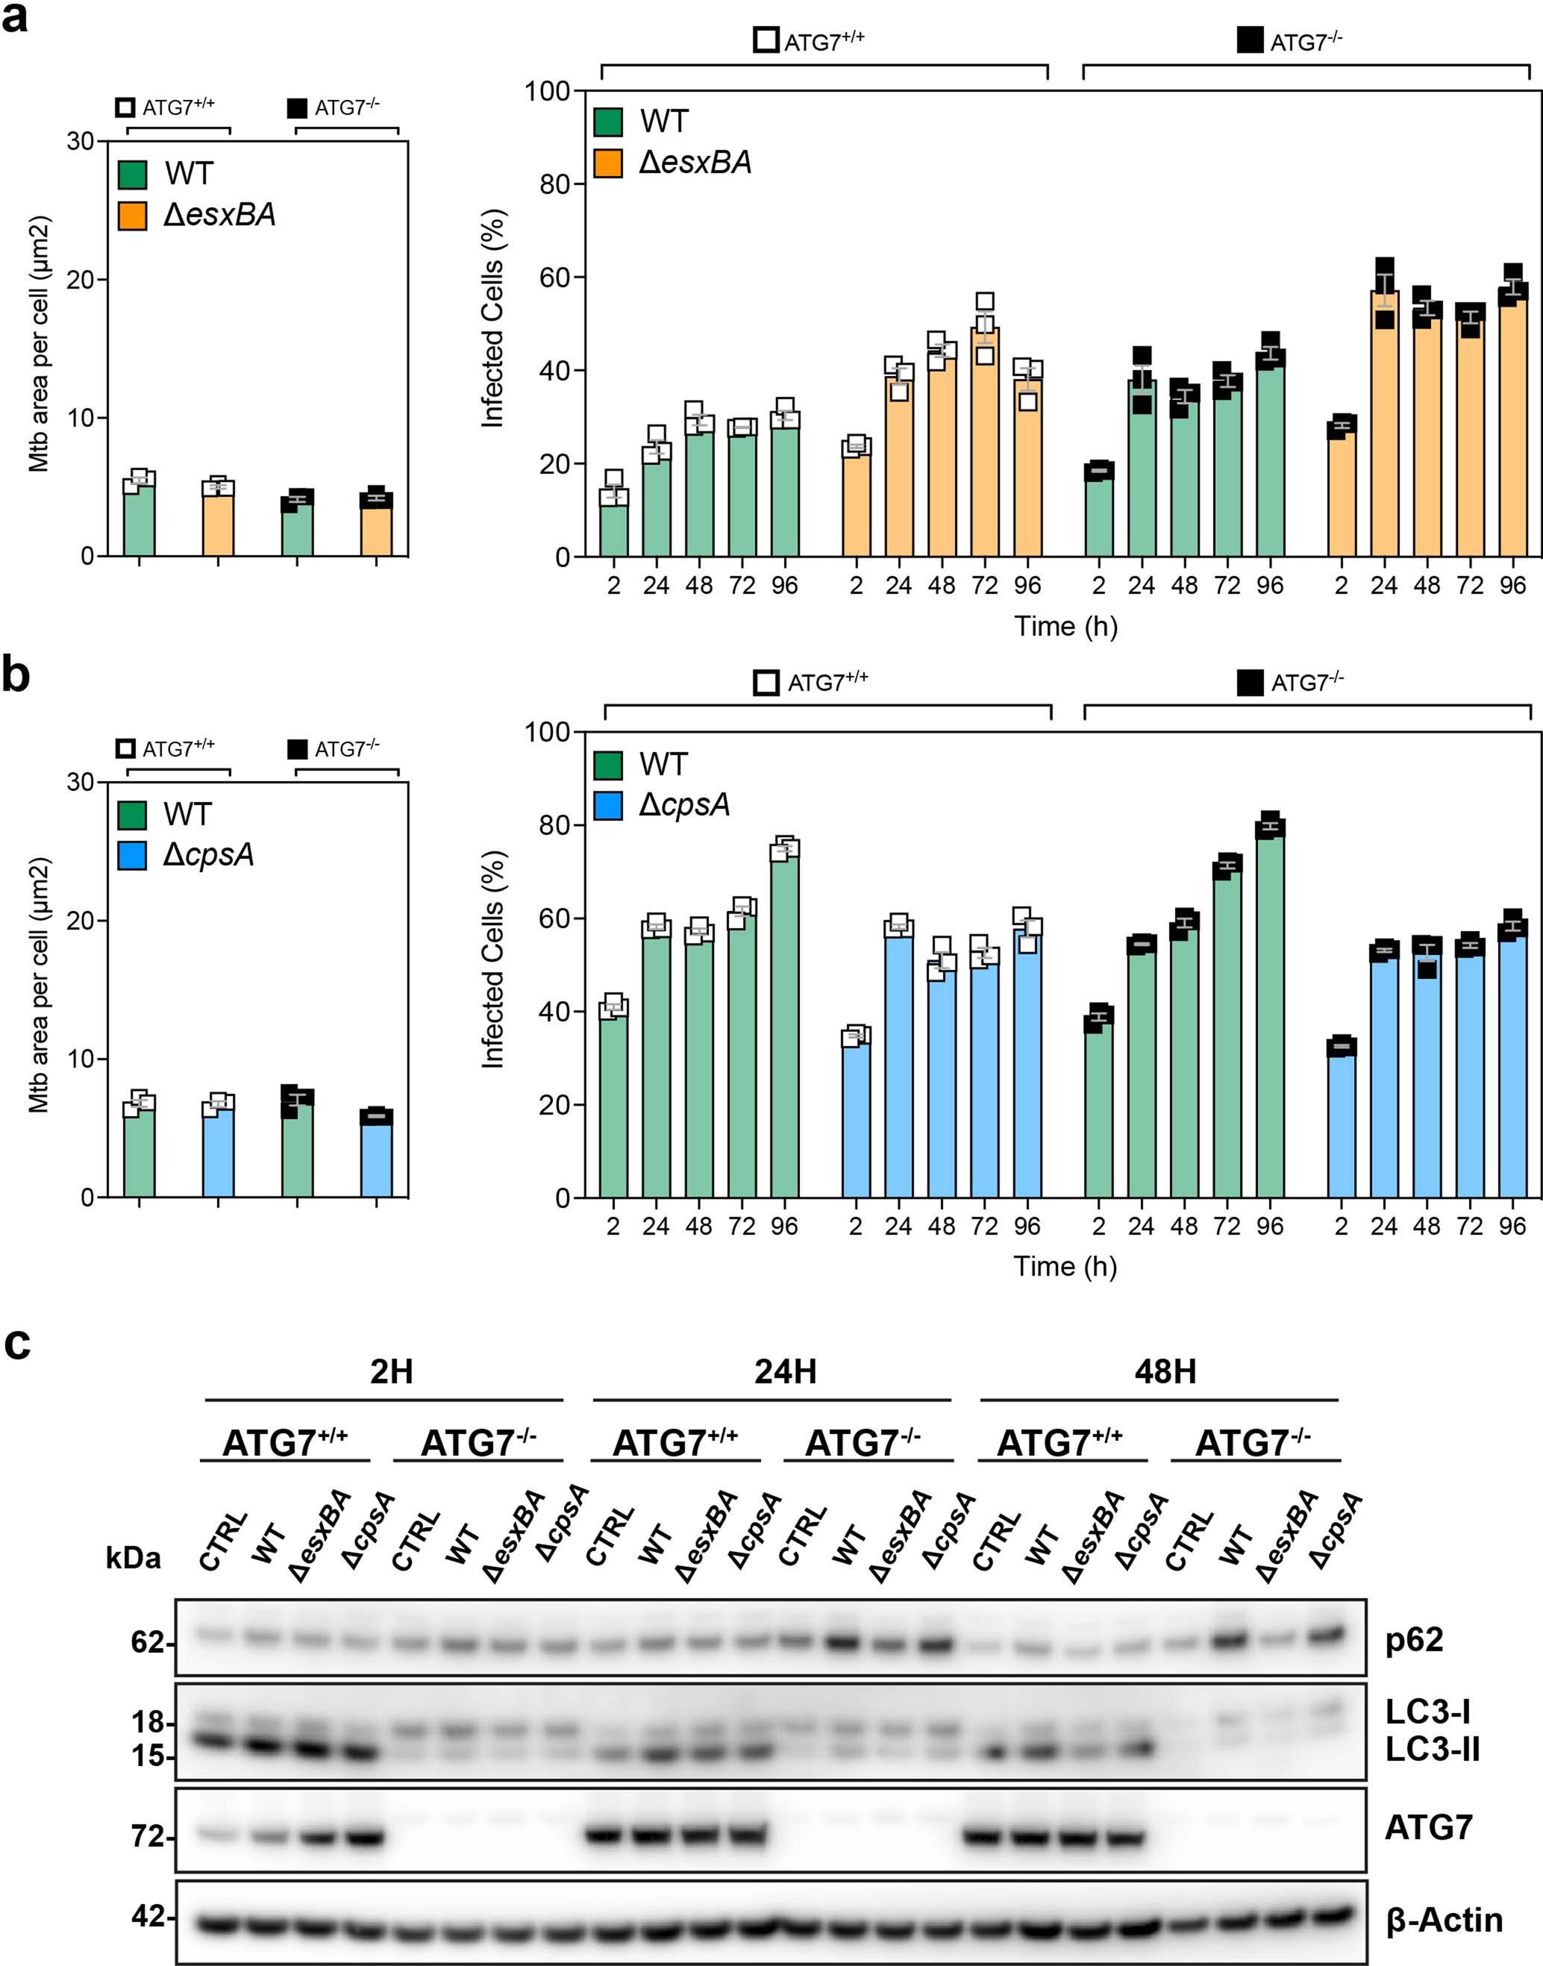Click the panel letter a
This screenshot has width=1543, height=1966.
(16, 18)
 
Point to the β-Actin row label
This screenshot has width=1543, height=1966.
(1445, 1919)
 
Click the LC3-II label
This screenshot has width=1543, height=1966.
(1433, 1750)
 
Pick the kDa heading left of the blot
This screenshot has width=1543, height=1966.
(134, 1558)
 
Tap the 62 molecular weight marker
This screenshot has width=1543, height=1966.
(147, 1641)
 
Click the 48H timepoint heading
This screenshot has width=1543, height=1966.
(1165, 1371)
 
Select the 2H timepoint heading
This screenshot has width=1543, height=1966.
(391, 1371)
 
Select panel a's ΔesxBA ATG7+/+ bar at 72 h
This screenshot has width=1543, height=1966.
(985, 442)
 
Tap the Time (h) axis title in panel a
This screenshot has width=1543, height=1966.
(1066, 626)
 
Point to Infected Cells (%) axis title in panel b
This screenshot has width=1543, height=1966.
(492, 959)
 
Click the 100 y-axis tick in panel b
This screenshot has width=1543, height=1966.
(549, 732)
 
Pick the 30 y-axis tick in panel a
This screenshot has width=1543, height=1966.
(81, 141)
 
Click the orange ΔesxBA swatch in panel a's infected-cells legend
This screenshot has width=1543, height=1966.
(609, 163)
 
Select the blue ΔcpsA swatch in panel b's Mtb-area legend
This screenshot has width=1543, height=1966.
(133, 855)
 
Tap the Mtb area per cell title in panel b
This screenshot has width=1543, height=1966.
(40, 985)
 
